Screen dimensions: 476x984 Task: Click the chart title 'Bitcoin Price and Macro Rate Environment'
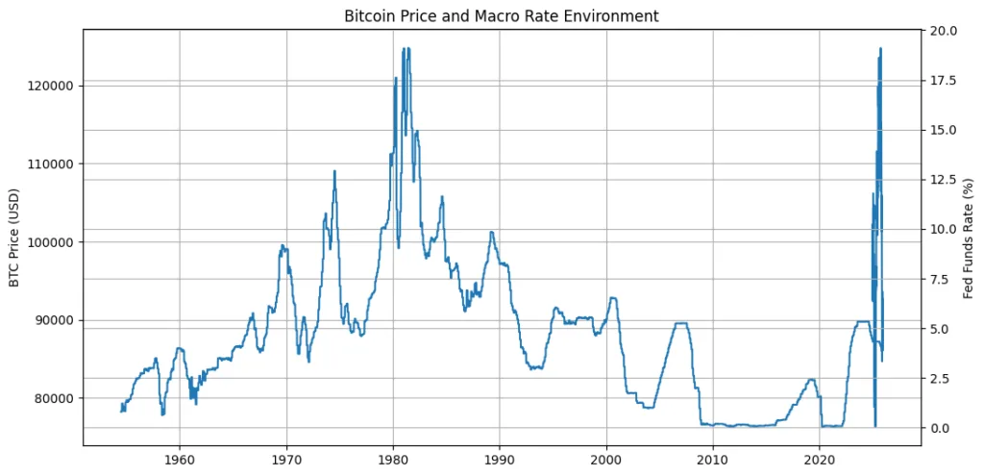coord(501,15)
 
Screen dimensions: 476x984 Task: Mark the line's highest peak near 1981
coord(405,48)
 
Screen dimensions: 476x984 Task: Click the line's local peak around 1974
coord(334,171)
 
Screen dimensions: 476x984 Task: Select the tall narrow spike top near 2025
coord(880,49)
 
